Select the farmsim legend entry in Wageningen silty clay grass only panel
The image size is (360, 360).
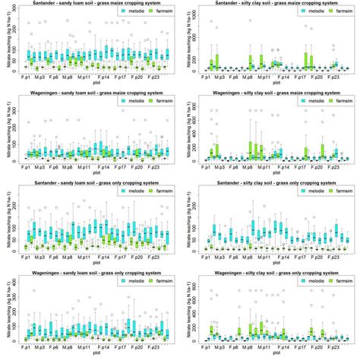click(x=329, y=281)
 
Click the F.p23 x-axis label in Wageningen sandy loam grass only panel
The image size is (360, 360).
click(x=154, y=346)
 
